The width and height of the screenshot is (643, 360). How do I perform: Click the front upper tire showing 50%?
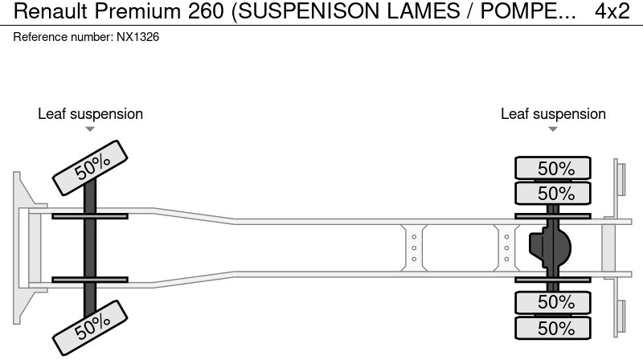tap(92, 167)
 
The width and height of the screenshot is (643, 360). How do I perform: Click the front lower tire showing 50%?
tap(92, 323)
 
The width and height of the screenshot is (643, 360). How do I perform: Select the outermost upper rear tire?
tap(553, 169)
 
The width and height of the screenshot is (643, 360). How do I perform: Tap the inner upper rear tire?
tap(553, 194)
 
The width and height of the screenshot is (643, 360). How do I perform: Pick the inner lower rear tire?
tap(553, 302)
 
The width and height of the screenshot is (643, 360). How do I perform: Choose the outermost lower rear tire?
tap(553, 327)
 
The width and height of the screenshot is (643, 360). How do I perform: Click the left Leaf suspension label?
tap(90, 113)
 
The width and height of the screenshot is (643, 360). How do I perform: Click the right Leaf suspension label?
tap(553, 113)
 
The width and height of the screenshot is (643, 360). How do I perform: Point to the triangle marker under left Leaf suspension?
tap(90, 129)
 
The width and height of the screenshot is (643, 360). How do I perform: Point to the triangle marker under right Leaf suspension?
tap(553, 129)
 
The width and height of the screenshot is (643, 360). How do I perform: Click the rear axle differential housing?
tap(551, 247)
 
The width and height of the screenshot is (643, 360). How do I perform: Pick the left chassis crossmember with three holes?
tap(413, 247)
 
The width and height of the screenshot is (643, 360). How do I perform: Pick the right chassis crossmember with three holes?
tap(506, 247)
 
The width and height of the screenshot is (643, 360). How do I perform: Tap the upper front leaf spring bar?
tap(89, 215)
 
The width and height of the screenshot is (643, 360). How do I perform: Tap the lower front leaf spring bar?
tap(89, 280)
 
